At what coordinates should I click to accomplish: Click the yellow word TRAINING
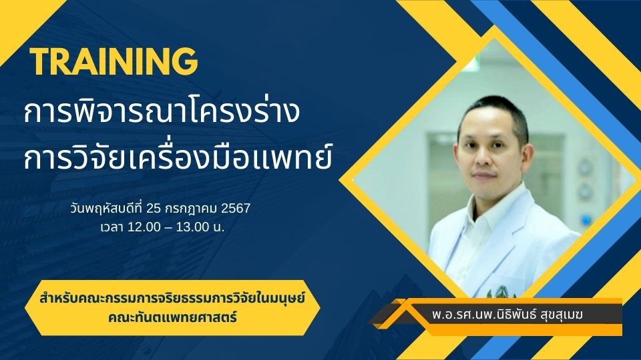pyautogui.click(x=114, y=61)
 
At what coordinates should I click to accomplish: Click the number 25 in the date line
pyautogui.click(x=154, y=209)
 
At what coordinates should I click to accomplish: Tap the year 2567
pyautogui.click(x=236, y=209)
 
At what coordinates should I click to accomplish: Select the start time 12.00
pyautogui.click(x=144, y=227)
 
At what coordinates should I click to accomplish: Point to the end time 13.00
pyautogui.click(x=192, y=227)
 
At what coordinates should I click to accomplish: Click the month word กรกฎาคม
pyautogui.click(x=192, y=209)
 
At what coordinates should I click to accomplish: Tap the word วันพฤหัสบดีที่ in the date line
pyautogui.click(x=106, y=209)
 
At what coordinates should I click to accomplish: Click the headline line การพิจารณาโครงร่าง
pyautogui.click(x=162, y=111)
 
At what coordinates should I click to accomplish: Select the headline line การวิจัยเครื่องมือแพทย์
pyautogui.click(x=178, y=157)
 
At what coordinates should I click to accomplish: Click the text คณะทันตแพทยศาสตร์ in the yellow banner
pyautogui.click(x=172, y=317)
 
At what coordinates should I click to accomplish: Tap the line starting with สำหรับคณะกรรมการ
pyautogui.click(x=172, y=299)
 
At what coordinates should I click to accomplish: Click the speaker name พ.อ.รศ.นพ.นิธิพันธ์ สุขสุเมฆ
pyautogui.click(x=507, y=315)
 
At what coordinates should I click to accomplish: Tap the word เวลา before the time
pyautogui.click(x=113, y=227)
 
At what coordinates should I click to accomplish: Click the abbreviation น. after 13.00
pyautogui.click(x=218, y=227)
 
